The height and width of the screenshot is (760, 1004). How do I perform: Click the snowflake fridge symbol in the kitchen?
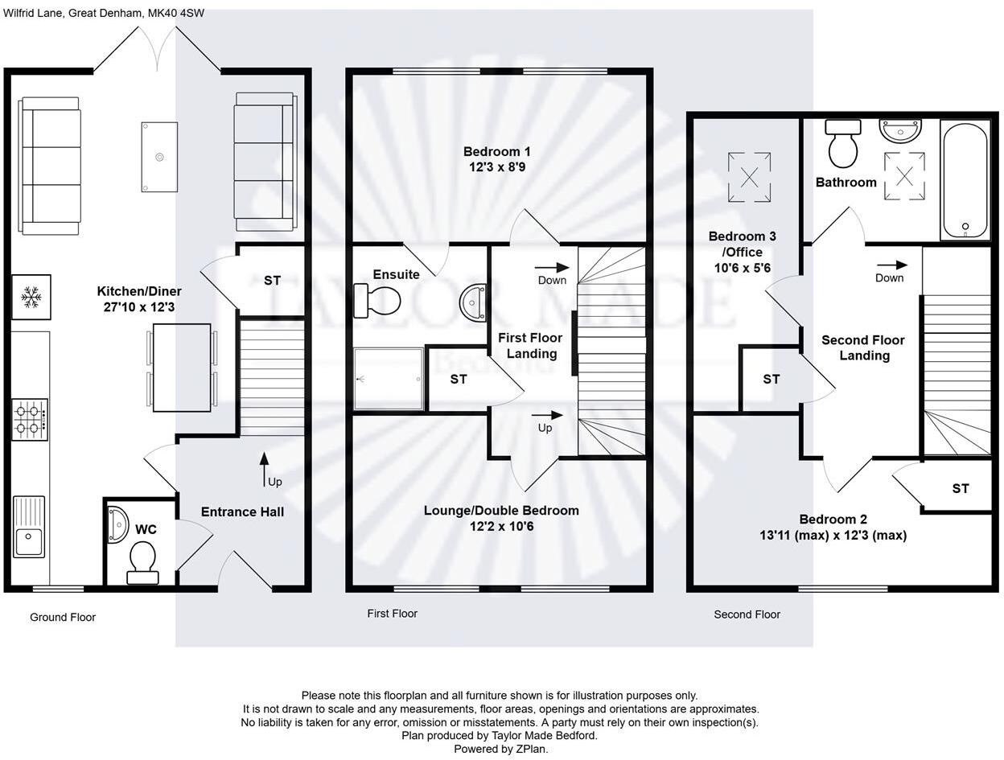31,298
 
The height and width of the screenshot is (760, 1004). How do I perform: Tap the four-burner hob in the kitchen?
30,419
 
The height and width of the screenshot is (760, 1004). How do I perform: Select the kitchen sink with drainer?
29,527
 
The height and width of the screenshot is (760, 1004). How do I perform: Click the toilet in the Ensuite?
376,301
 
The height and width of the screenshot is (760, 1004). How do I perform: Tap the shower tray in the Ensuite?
389,378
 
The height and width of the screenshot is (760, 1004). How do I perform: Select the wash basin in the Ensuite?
472,302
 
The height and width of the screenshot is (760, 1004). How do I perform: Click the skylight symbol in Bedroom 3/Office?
749,177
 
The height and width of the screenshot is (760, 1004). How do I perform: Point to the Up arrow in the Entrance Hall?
264,469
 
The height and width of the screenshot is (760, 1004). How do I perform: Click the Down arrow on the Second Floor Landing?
892,265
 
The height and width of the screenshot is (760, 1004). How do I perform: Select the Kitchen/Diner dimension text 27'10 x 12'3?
139,307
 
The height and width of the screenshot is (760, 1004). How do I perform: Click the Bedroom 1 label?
496,151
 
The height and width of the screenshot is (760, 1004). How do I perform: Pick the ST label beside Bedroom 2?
960,488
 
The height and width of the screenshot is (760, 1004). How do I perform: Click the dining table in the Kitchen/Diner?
182,368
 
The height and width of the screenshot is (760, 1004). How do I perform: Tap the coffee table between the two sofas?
159,157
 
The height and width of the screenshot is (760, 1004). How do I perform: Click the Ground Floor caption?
63,618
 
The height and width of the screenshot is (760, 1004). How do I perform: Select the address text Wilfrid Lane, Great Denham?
72,13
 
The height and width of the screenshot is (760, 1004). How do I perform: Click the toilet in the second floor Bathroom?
843,144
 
